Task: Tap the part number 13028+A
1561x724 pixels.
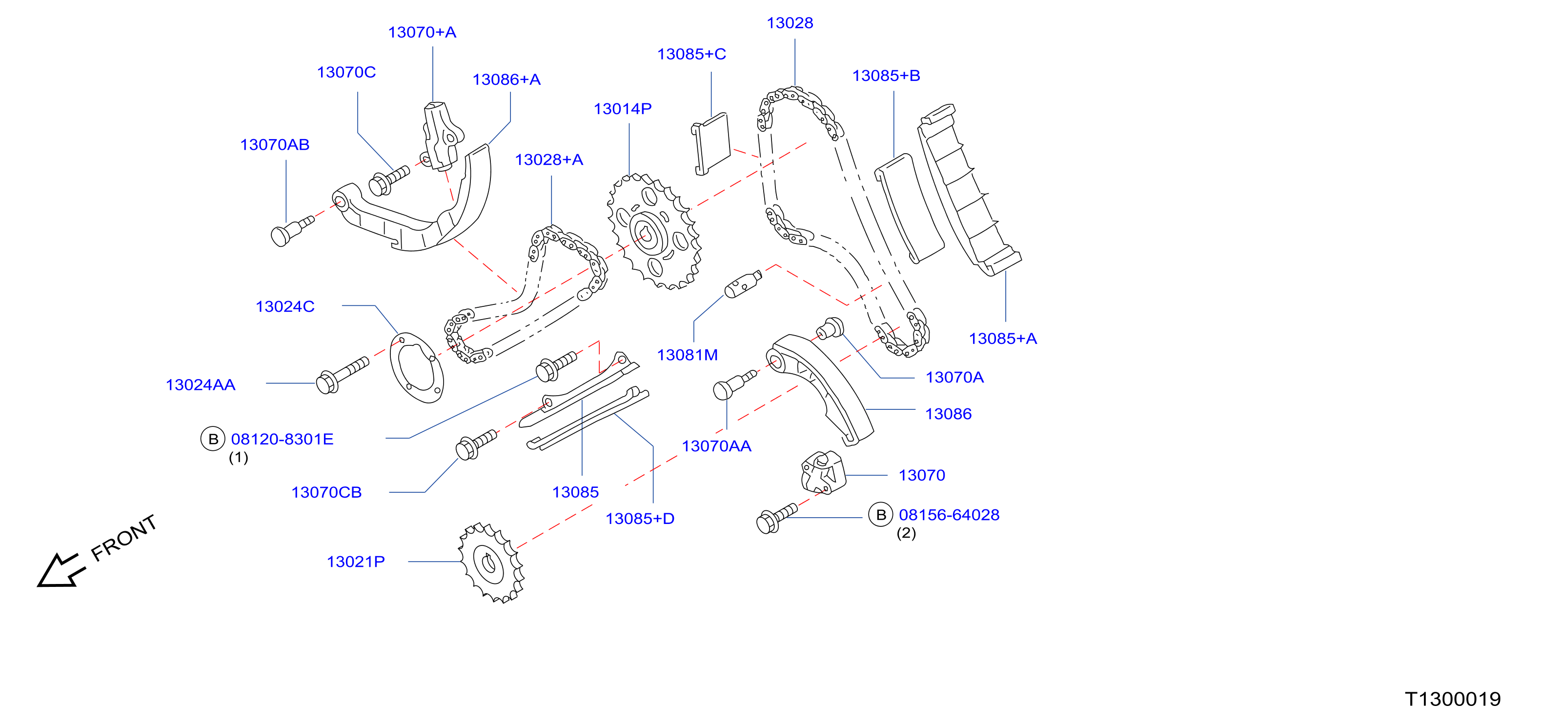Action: tap(549, 160)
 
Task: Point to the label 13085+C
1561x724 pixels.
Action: tap(691, 55)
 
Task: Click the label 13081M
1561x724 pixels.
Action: tap(687, 355)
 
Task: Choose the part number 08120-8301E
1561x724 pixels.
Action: tap(283, 439)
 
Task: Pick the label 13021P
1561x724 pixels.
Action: tap(356, 562)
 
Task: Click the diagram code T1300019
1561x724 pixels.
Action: tap(1453, 699)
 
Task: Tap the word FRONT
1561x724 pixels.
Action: tap(123, 538)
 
